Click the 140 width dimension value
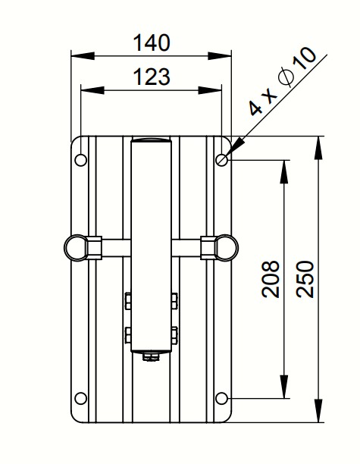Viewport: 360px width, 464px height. (152, 43)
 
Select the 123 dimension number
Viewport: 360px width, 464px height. (152, 77)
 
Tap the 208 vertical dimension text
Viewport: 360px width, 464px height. (271, 279)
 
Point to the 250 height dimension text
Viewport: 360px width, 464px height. (305, 279)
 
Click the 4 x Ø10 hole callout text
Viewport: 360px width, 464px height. (283, 81)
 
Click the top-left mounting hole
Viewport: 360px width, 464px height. (81, 160)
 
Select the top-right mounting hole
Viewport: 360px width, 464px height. (221, 160)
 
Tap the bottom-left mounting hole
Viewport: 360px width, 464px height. (81, 398)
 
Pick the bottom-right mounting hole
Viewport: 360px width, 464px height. (221, 398)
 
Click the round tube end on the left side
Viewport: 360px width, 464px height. (76, 248)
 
